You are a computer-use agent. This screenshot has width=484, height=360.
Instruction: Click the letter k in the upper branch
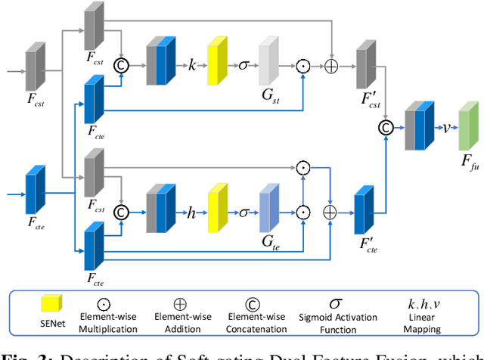pyautogui.click(x=191, y=66)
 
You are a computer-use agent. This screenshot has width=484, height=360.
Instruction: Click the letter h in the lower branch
pyautogui.click(x=191, y=213)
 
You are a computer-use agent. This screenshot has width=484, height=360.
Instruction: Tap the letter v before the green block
pyautogui.click(x=446, y=126)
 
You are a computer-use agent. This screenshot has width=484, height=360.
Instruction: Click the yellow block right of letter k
pyautogui.click(x=218, y=62)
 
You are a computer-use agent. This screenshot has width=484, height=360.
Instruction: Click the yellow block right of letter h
pyautogui.click(x=218, y=209)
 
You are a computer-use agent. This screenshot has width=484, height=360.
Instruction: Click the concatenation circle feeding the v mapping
pyautogui.click(x=386, y=127)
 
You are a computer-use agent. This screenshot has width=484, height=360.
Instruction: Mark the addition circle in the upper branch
pyautogui.click(x=331, y=66)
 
